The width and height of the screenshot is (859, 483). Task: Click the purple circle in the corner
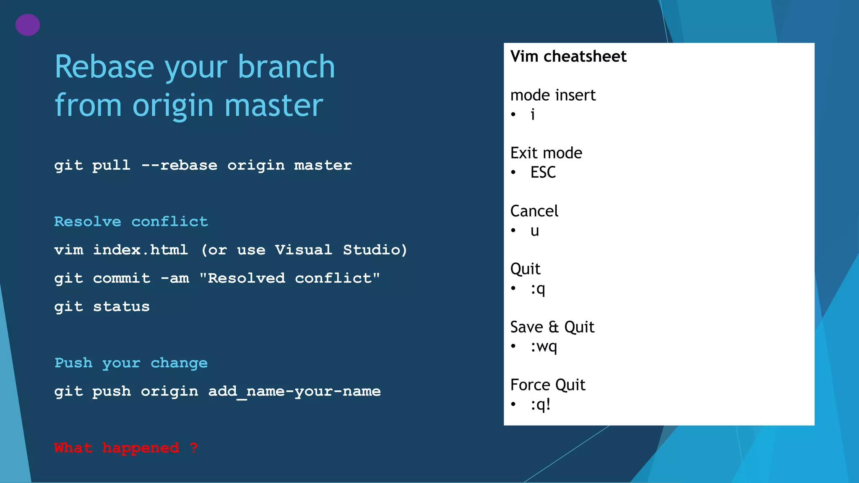point(28,25)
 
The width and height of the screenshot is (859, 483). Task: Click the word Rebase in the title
point(104,67)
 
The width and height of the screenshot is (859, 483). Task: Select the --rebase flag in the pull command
point(180,165)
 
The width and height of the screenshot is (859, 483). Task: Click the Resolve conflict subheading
point(131,221)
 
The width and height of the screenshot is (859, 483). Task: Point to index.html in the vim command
point(140,250)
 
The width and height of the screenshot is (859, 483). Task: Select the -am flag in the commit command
point(175,278)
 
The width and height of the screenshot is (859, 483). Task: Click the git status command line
point(102,306)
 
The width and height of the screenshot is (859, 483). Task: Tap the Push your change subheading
point(131,363)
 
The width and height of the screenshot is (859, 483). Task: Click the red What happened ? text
point(125,448)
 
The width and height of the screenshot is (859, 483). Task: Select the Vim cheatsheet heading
point(568,56)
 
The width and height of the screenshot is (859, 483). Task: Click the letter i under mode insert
point(533,114)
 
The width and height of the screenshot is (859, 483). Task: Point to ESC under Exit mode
point(543,172)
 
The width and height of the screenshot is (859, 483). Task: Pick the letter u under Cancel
point(534,231)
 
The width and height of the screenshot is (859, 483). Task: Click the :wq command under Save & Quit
point(544,347)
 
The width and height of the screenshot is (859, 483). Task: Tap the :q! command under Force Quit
point(540,405)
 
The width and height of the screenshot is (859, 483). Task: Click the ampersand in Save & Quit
point(554,327)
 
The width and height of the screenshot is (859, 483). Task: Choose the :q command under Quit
point(538,289)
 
